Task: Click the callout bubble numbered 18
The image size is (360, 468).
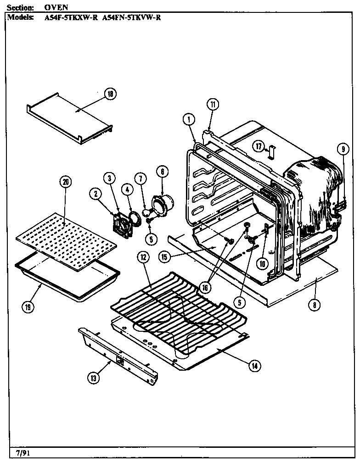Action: point(110,94)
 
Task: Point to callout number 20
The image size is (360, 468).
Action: point(66,182)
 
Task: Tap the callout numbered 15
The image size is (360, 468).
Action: point(164,256)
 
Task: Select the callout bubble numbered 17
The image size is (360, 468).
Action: point(259,146)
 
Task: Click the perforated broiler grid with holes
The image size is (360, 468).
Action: point(67,241)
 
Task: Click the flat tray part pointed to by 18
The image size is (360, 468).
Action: point(69,119)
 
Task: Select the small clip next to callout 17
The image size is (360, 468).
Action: point(271,150)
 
